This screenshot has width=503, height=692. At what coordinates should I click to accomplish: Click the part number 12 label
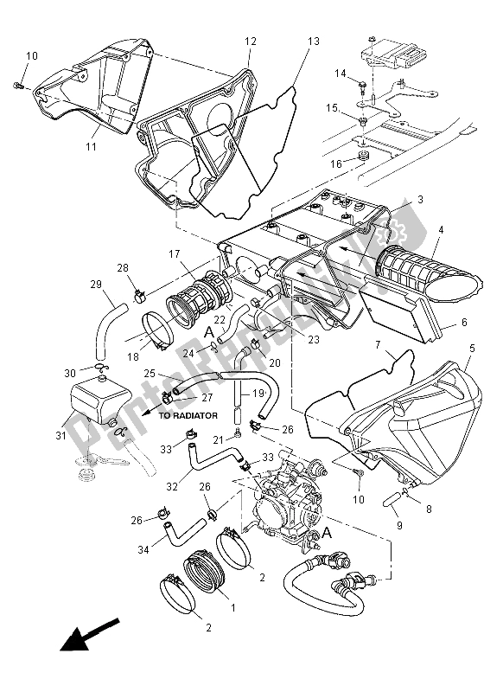click(x=251, y=42)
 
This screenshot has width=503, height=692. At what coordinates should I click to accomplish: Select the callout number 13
click(x=312, y=42)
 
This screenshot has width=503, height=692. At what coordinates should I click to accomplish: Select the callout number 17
click(x=175, y=254)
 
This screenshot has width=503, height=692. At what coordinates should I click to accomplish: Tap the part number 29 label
click(x=95, y=284)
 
